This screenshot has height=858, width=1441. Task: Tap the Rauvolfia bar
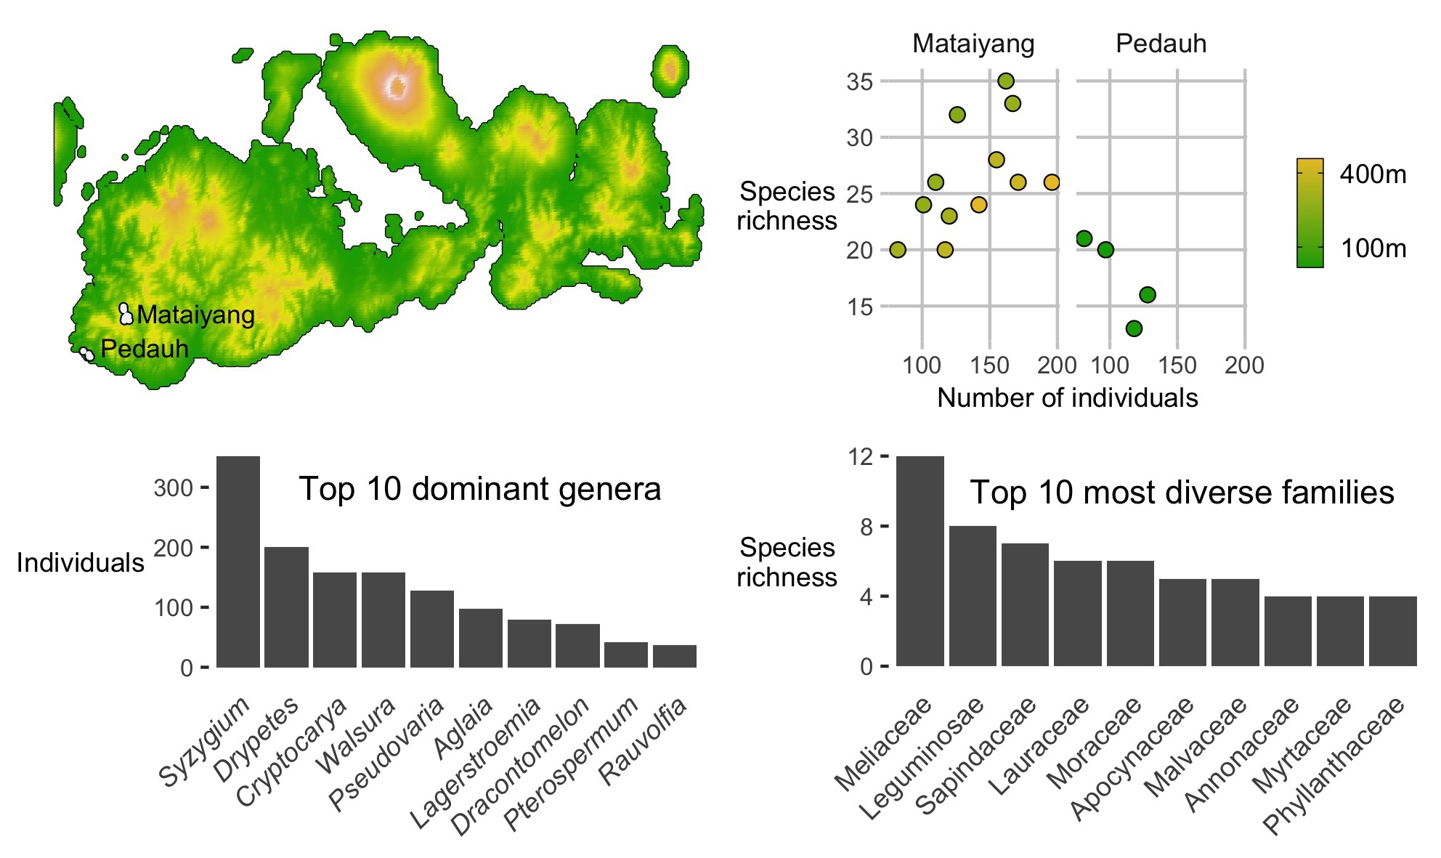(x=674, y=656)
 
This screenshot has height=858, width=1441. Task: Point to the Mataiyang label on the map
(x=195, y=315)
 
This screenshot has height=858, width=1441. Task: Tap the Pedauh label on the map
(x=145, y=349)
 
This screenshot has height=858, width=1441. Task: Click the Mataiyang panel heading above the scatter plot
(x=973, y=44)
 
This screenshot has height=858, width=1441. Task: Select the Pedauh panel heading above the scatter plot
(x=1161, y=44)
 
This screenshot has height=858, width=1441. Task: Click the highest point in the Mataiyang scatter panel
(x=1006, y=81)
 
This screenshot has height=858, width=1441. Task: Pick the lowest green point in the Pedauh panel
(x=1134, y=328)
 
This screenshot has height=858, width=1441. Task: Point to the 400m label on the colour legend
(x=1373, y=174)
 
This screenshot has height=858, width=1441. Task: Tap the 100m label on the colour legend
(x=1373, y=248)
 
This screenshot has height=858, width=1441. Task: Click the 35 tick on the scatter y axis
(x=859, y=81)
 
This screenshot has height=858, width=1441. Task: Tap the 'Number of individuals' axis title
(x=1067, y=398)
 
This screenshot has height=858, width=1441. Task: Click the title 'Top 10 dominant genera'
(x=479, y=489)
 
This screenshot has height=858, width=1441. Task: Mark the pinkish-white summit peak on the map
(x=397, y=87)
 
